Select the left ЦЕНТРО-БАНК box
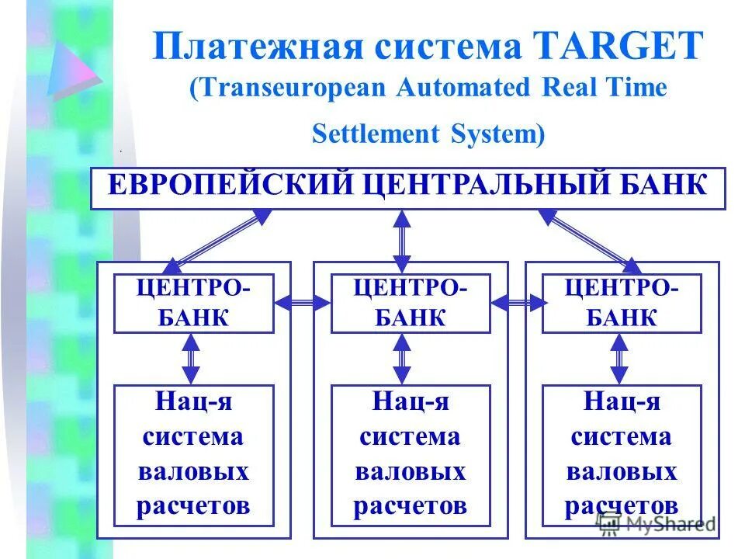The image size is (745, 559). (x=193, y=303)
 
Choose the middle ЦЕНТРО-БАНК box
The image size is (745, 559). (x=411, y=303)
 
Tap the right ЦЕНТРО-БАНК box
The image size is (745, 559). (x=621, y=303)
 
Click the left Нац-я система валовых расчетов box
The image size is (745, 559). (x=193, y=455)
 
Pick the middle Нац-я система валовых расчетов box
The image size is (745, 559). (x=411, y=455)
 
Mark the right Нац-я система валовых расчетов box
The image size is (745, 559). (x=621, y=455)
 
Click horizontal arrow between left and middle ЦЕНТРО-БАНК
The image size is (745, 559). (x=302, y=304)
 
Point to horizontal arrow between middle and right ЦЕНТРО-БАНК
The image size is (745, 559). (x=516, y=304)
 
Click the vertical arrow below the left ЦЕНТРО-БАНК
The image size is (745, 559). (x=191, y=359)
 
